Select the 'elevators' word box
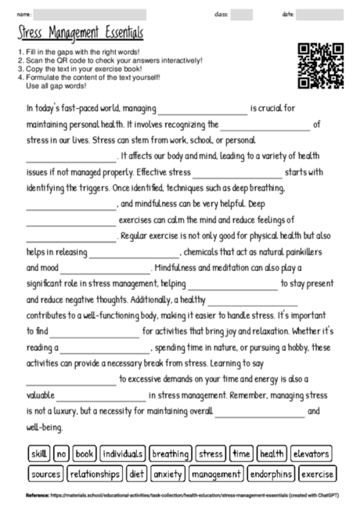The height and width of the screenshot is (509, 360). (311, 453)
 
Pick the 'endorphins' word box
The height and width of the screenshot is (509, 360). (272, 474)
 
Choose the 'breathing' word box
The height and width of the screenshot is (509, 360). (170, 453)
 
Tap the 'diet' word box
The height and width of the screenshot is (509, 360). (137, 474)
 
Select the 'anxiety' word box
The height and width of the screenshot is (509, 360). (168, 474)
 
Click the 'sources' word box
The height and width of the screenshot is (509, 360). (45, 474)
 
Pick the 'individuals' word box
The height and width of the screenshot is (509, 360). (122, 453)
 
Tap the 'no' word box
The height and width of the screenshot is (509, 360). (62, 453)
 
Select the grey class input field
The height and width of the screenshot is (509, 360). (242, 14)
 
